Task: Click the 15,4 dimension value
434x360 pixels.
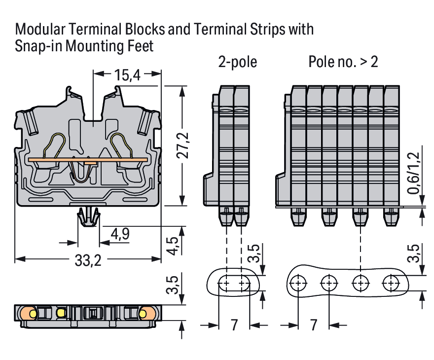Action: (x=127, y=75)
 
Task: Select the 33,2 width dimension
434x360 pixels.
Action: (x=88, y=261)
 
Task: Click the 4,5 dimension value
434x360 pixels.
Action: (x=172, y=246)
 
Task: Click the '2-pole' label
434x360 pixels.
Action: (x=238, y=62)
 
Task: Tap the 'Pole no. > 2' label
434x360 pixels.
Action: (x=343, y=62)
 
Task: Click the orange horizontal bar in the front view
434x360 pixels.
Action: (x=88, y=160)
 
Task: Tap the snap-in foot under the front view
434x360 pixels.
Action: (x=88, y=217)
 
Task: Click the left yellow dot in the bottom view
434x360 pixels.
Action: (x=33, y=313)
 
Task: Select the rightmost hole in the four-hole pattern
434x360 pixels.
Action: (x=392, y=284)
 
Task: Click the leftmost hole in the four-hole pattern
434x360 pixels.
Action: (x=298, y=284)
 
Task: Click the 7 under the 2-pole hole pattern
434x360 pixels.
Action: (x=234, y=325)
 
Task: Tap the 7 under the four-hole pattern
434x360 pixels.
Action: (x=314, y=325)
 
